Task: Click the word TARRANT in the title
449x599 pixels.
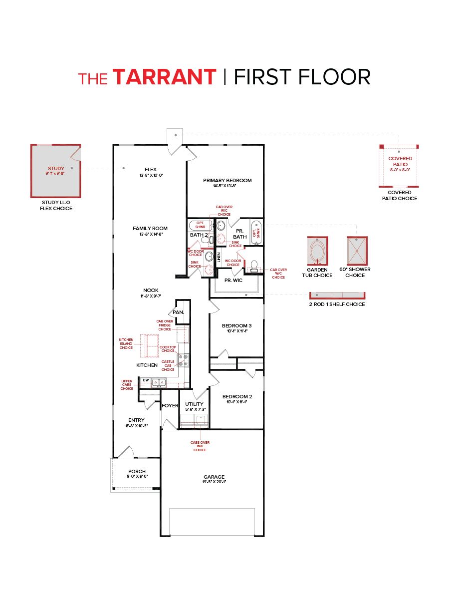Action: tap(165, 77)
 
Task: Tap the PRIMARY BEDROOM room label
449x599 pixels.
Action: tap(227, 180)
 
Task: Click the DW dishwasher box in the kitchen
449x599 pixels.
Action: tap(146, 380)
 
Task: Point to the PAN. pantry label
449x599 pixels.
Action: tap(178, 312)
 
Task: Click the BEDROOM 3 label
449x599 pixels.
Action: tap(236, 325)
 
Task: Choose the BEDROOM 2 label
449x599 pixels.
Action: tap(236, 396)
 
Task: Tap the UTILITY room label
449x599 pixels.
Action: tap(194, 404)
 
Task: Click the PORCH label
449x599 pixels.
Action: tap(137, 471)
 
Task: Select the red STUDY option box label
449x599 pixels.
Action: tap(56, 169)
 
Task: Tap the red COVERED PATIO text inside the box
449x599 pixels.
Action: tap(400, 161)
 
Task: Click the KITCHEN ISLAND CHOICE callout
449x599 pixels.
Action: tap(126, 343)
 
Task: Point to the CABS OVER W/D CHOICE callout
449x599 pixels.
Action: tap(200, 446)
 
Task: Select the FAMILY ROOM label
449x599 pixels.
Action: tap(150, 228)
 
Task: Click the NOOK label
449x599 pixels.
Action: tap(151, 290)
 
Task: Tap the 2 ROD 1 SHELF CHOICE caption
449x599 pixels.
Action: tap(337, 304)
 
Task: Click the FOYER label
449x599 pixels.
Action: tap(170, 406)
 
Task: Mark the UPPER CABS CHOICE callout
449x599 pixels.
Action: tap(127, 384)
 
